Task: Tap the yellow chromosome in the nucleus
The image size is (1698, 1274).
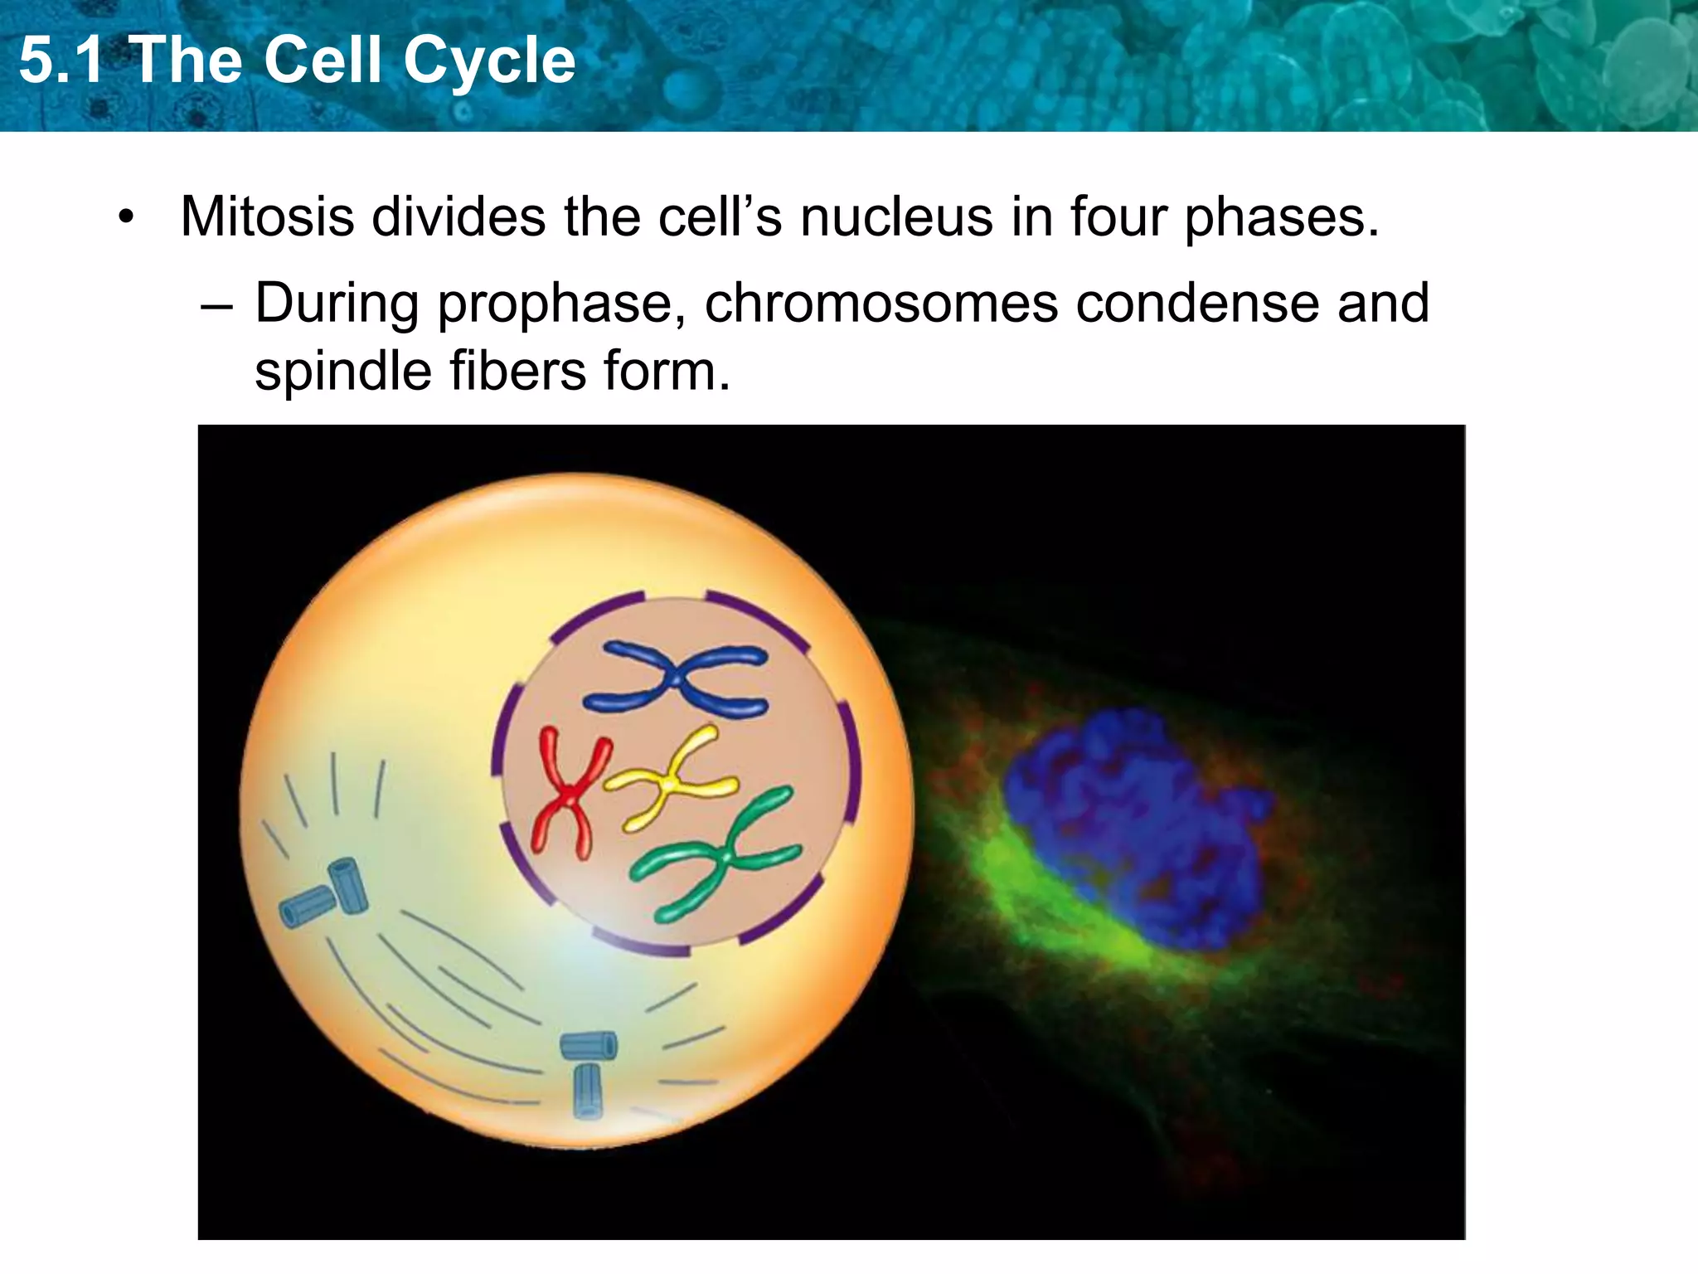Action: coord(670,779)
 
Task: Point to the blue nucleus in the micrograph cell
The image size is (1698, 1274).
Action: coord(1136,829)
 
